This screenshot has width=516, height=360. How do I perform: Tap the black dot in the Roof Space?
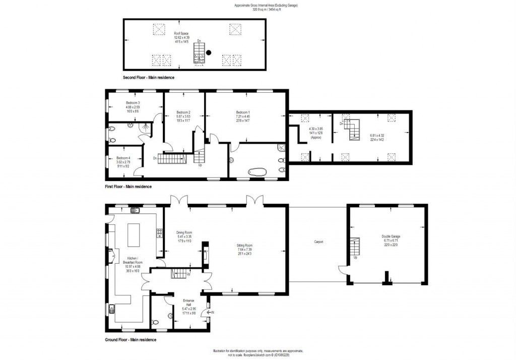click(x=209, y=52)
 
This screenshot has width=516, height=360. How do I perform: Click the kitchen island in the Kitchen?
click(x=135, y=234)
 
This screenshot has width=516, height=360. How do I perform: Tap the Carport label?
click(x=318, y=242)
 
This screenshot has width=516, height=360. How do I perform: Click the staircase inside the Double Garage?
click(x=355, y=247)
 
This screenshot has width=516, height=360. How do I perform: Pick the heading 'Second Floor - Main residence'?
click(x=149, y=78)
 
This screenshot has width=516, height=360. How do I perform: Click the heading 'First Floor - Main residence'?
click(x=128, y=187)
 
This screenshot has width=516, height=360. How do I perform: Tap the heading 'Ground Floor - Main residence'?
click(x=131, y=340)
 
